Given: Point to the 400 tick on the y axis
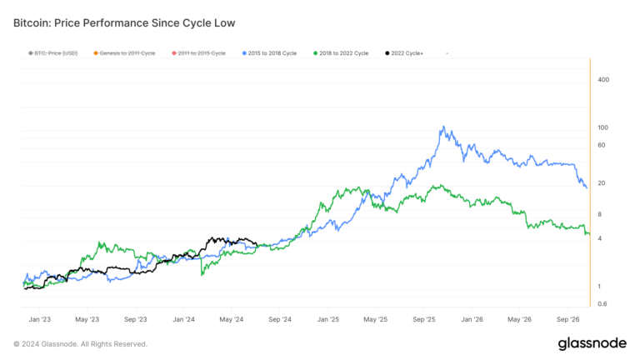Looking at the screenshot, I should point(603,80).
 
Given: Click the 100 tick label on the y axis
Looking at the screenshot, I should point(603,127).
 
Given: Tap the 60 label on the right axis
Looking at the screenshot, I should point(602,146).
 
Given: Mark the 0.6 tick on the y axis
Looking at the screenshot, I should point(602,303).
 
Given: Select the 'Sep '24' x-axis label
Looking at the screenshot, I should point(280,319).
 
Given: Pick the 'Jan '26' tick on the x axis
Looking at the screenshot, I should point(472,319).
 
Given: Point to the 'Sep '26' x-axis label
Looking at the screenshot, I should point(569,319).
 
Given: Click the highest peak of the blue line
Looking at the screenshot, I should point(445,127).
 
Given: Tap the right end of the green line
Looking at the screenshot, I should point(589,234).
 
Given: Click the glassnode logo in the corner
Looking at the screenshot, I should point(592,343).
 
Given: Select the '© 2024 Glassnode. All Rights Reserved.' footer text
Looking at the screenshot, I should point(80,343).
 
